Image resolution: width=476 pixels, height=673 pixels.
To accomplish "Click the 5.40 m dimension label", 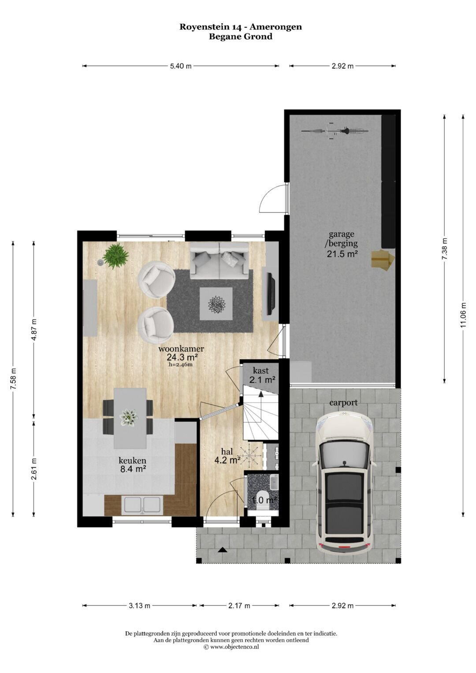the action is click(181, 66).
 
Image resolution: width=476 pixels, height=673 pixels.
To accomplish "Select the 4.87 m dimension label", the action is click(34, 329).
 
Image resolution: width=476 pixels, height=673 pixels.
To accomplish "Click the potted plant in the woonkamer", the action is click(115, 256).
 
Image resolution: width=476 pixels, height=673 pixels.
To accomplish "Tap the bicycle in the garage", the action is click(335, 131).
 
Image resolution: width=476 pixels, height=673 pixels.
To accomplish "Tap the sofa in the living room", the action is click(219, 260).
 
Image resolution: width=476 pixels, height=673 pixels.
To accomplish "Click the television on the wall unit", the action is click(272, 294).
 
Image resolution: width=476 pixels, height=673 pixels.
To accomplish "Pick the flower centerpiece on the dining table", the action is click(128, 417).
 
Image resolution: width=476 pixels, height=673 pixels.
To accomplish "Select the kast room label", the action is click(260, 371).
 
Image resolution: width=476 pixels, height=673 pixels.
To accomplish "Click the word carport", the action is click(343, 402).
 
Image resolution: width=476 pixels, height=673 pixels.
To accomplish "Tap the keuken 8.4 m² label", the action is click(133, 465).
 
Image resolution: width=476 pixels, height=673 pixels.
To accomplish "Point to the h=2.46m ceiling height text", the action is click(181, 365).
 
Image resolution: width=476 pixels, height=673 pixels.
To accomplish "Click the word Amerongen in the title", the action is click(276, 27).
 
